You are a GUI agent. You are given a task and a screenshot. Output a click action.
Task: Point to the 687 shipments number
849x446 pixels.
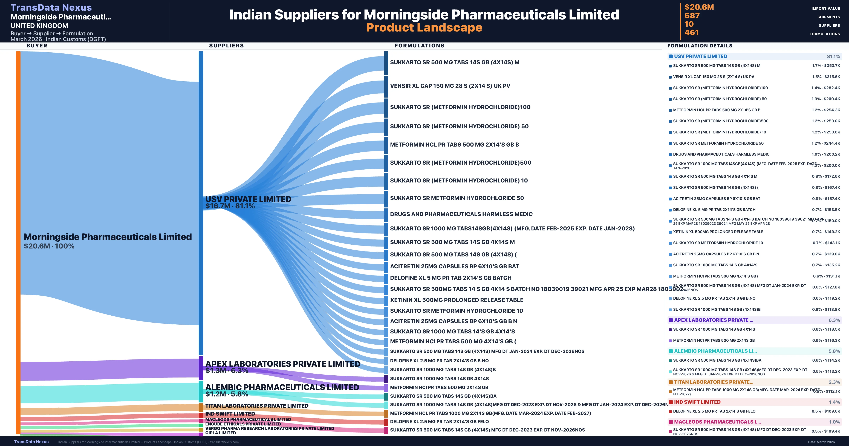[x=692, y=16]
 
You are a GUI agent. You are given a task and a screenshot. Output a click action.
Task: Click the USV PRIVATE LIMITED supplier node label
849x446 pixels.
[x=248, y=199]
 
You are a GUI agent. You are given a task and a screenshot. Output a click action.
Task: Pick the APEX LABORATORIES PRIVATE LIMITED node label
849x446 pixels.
[x=282, y=364]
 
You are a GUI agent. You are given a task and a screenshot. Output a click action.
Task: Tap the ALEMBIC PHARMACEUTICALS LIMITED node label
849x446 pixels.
[x=282, y=387]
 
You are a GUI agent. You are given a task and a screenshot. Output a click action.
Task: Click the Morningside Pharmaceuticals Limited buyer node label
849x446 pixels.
[x=107, y=237]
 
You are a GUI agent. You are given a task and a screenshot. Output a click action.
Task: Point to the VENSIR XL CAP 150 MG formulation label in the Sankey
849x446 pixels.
[x=450, y=86]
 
